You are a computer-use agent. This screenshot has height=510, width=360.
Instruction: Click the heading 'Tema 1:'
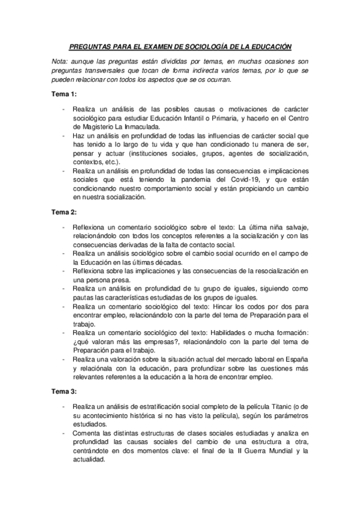click(x=63, y=95)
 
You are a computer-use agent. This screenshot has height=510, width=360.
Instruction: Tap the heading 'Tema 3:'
click(x=63, y=392)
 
